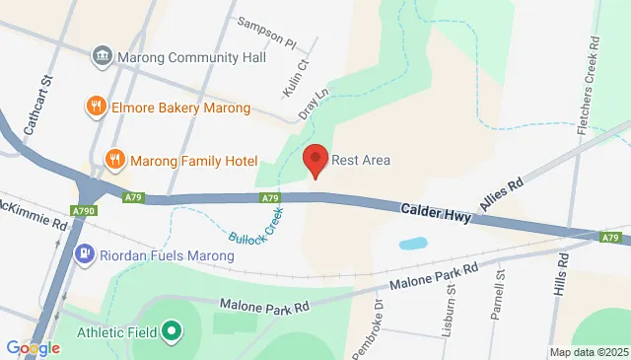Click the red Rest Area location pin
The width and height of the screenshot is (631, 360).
click(315, 159)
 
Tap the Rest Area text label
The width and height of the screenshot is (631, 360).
click(361, 161)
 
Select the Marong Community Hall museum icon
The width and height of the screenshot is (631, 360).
click(102, 57)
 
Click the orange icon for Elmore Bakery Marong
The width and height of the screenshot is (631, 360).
click(96, 107)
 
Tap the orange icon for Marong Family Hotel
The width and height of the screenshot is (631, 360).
click(115, 160)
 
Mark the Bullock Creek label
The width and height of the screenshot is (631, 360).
click(259, 230)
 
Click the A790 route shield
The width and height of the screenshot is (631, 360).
click(84, 210)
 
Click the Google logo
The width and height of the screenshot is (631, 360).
click(34, 347)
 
